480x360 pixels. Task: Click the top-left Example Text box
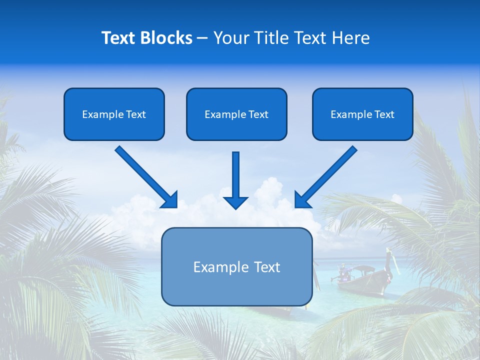[x=114, y=114]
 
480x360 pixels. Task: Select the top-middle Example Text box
[x=236, y=114]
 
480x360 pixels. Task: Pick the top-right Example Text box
[x=362, y=114]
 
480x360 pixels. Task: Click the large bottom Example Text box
[x=236, y=267]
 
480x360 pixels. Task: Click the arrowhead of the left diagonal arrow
[x=170, y=200]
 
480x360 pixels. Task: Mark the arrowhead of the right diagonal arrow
[x=302, y=200]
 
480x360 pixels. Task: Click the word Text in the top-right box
[x=384, y=114]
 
